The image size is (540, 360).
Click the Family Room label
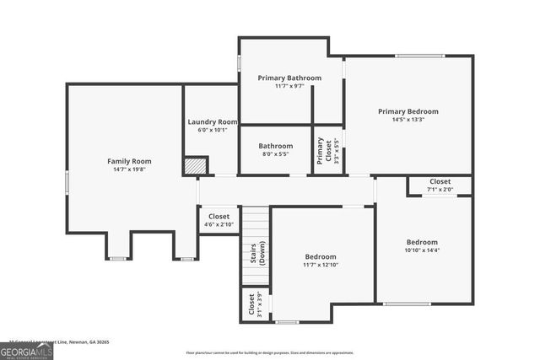pyautogui.click(x=129, y=161)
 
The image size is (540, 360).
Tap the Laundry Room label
pyautogui.click(x=212, y=122)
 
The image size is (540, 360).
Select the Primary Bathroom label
pyautogui.click(x=289, y=78)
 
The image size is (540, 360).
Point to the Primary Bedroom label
pyautogui.click(x=408, y=111)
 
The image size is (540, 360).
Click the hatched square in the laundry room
pyautogui.click(x=196, y=165)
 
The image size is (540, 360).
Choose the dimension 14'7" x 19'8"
pyautogui.click(x=129, y=169)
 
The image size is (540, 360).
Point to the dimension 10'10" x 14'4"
pyautogui.click(x=423, y=250)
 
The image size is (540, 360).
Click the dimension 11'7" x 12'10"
pyautogui.click(x=320, y=265)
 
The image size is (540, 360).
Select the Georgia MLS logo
pyautogui.click(x=26, y=351)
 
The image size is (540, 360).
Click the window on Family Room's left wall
pyautogui.click(x=67, y=182)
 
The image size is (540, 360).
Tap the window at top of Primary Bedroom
pyautogui.click(x=419, y=56)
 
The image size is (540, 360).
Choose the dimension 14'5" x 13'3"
pyautogui.click(x=408, y=120)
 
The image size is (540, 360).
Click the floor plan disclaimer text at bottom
pyautogui.click(x=270, y=353)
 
